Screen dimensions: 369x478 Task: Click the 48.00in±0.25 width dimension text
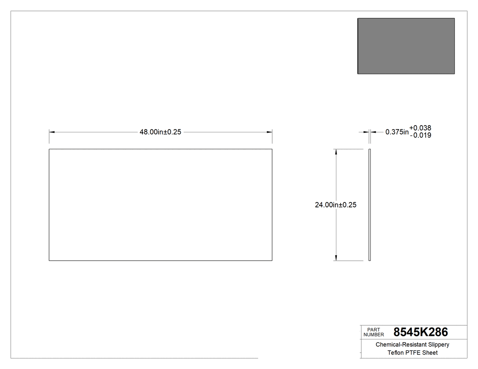[x=160, y=132]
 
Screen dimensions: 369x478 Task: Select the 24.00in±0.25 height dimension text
[x=336, y=205]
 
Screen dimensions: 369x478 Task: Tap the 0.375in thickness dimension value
[x=397, y=132]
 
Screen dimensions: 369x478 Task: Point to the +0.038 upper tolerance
[x=420, y=128]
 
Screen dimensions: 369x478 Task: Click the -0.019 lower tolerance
[x=420, y=135]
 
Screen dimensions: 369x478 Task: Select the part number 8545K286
[x=421, y=332]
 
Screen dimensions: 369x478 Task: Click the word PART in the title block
[x=373, y=329]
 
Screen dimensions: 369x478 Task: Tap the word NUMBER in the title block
[x=374, y=334]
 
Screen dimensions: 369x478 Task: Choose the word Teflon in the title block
[x=396, y=353]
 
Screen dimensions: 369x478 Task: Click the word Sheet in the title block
[x=430, y=353]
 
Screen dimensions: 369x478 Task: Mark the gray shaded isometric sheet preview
[x=406, y=46]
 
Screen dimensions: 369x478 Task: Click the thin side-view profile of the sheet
[x=370, y=205]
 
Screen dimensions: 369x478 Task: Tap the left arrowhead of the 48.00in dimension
[x=52, y=132]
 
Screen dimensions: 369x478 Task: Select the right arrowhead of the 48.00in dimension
[x=270, y=132]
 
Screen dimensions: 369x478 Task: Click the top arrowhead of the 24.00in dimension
[x=336, y=152]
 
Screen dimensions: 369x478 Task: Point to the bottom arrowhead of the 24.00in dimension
[x=336, y=258]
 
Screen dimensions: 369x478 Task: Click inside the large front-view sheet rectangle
[x=160, y=205]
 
